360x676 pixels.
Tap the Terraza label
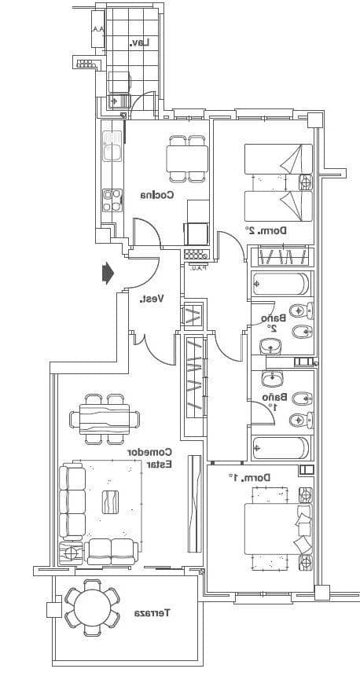pos(153,612)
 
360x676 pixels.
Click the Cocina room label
pos(157,195)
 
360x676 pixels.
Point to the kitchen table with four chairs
pos(187,159)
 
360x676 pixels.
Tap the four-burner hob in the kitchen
pos(112,200)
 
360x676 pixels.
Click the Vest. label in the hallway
pos(151,299)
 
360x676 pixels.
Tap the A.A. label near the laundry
pos(97,30)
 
